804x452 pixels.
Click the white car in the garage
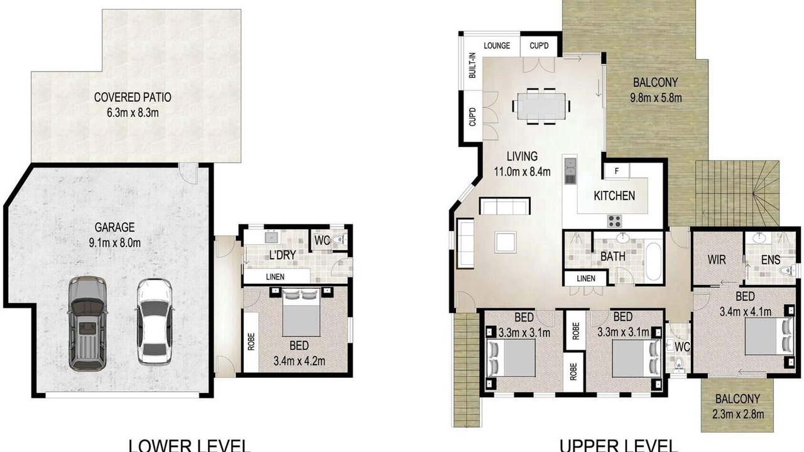coord(154,322)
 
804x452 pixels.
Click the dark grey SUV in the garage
coord(87,323)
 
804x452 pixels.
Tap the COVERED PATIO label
coord(133,97)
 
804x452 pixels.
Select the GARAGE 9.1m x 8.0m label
coord(115,235)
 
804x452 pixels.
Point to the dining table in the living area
coord(541,106)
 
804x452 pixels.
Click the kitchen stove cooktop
coord(614,222)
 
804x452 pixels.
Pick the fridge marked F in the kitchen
coord(617,171)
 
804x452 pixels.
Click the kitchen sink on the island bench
coord(570,171)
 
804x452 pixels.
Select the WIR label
coord(717,260)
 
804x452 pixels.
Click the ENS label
coord(771,260)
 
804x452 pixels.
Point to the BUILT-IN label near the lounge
coord(472,65)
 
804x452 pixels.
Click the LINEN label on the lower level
coord(275,277)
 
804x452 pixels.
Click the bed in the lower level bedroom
coord(301,312)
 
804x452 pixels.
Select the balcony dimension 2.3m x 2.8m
coord(738,415)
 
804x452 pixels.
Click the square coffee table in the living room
coord(506,242)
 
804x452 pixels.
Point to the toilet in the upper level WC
coord(678,363)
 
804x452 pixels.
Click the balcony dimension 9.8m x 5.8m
coord(656,98)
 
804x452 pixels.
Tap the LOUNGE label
coord(497,46)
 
